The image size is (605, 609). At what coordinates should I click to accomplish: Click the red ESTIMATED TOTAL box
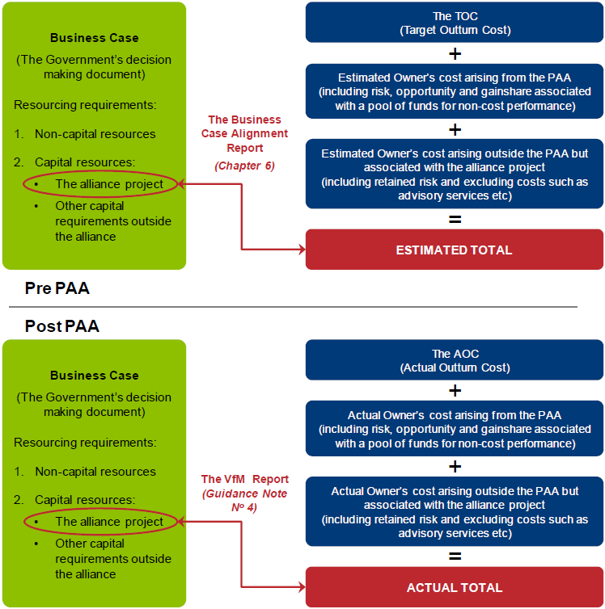pyautogui.click(x=454, y=250)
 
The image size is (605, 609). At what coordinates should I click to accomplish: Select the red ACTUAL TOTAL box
pyautogui.click(x=454, y=587)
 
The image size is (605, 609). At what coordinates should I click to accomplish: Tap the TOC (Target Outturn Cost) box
pyautogui.click(x=454, y=23)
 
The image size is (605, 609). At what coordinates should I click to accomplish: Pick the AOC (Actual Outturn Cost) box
pyautogui.click(x=454, y=360)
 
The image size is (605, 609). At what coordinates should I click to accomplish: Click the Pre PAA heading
pyautogui.click(x=57, y=289)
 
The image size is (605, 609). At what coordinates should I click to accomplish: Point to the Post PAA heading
pyautogui.click(x=61, y=326)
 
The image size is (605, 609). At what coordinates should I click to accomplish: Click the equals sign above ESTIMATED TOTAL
pyautogui.click(x=455, y=219)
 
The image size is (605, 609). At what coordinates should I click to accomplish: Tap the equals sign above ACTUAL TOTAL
pyautogui.click(x=455, y=556)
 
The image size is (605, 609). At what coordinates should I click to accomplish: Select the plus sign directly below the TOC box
pyautogui.click(x=455, y=54)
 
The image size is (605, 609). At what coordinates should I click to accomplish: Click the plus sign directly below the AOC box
pyautogui.click(x=455, y=391)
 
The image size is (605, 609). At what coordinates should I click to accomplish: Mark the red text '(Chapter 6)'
pyautogui.click(x=244, y=166)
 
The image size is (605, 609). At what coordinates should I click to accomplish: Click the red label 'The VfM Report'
pyautogui.click(x=244, y=479)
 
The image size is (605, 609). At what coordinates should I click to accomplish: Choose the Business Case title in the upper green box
pyautogui.click(x=94, y=38)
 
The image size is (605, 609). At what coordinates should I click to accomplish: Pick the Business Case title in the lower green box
pyautogui.click(x=94, y=376)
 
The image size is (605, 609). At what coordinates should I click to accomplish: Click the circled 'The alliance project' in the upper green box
pyautogui.click(x=108, y=184)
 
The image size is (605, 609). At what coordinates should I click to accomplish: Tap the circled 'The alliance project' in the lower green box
pyautogui.click(x=108, y=522)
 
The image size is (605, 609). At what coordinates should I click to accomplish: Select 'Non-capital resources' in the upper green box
pyautogui.click(x=95, y=134)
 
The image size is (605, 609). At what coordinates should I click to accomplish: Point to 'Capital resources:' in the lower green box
pyautogui.click(x=84, y=500)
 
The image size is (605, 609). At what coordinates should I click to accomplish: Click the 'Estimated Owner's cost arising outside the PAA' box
pyautogui.click(x=454, y=174)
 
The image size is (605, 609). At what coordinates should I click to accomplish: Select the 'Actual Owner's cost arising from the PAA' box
pyautogui.click(x=454, y=429)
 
